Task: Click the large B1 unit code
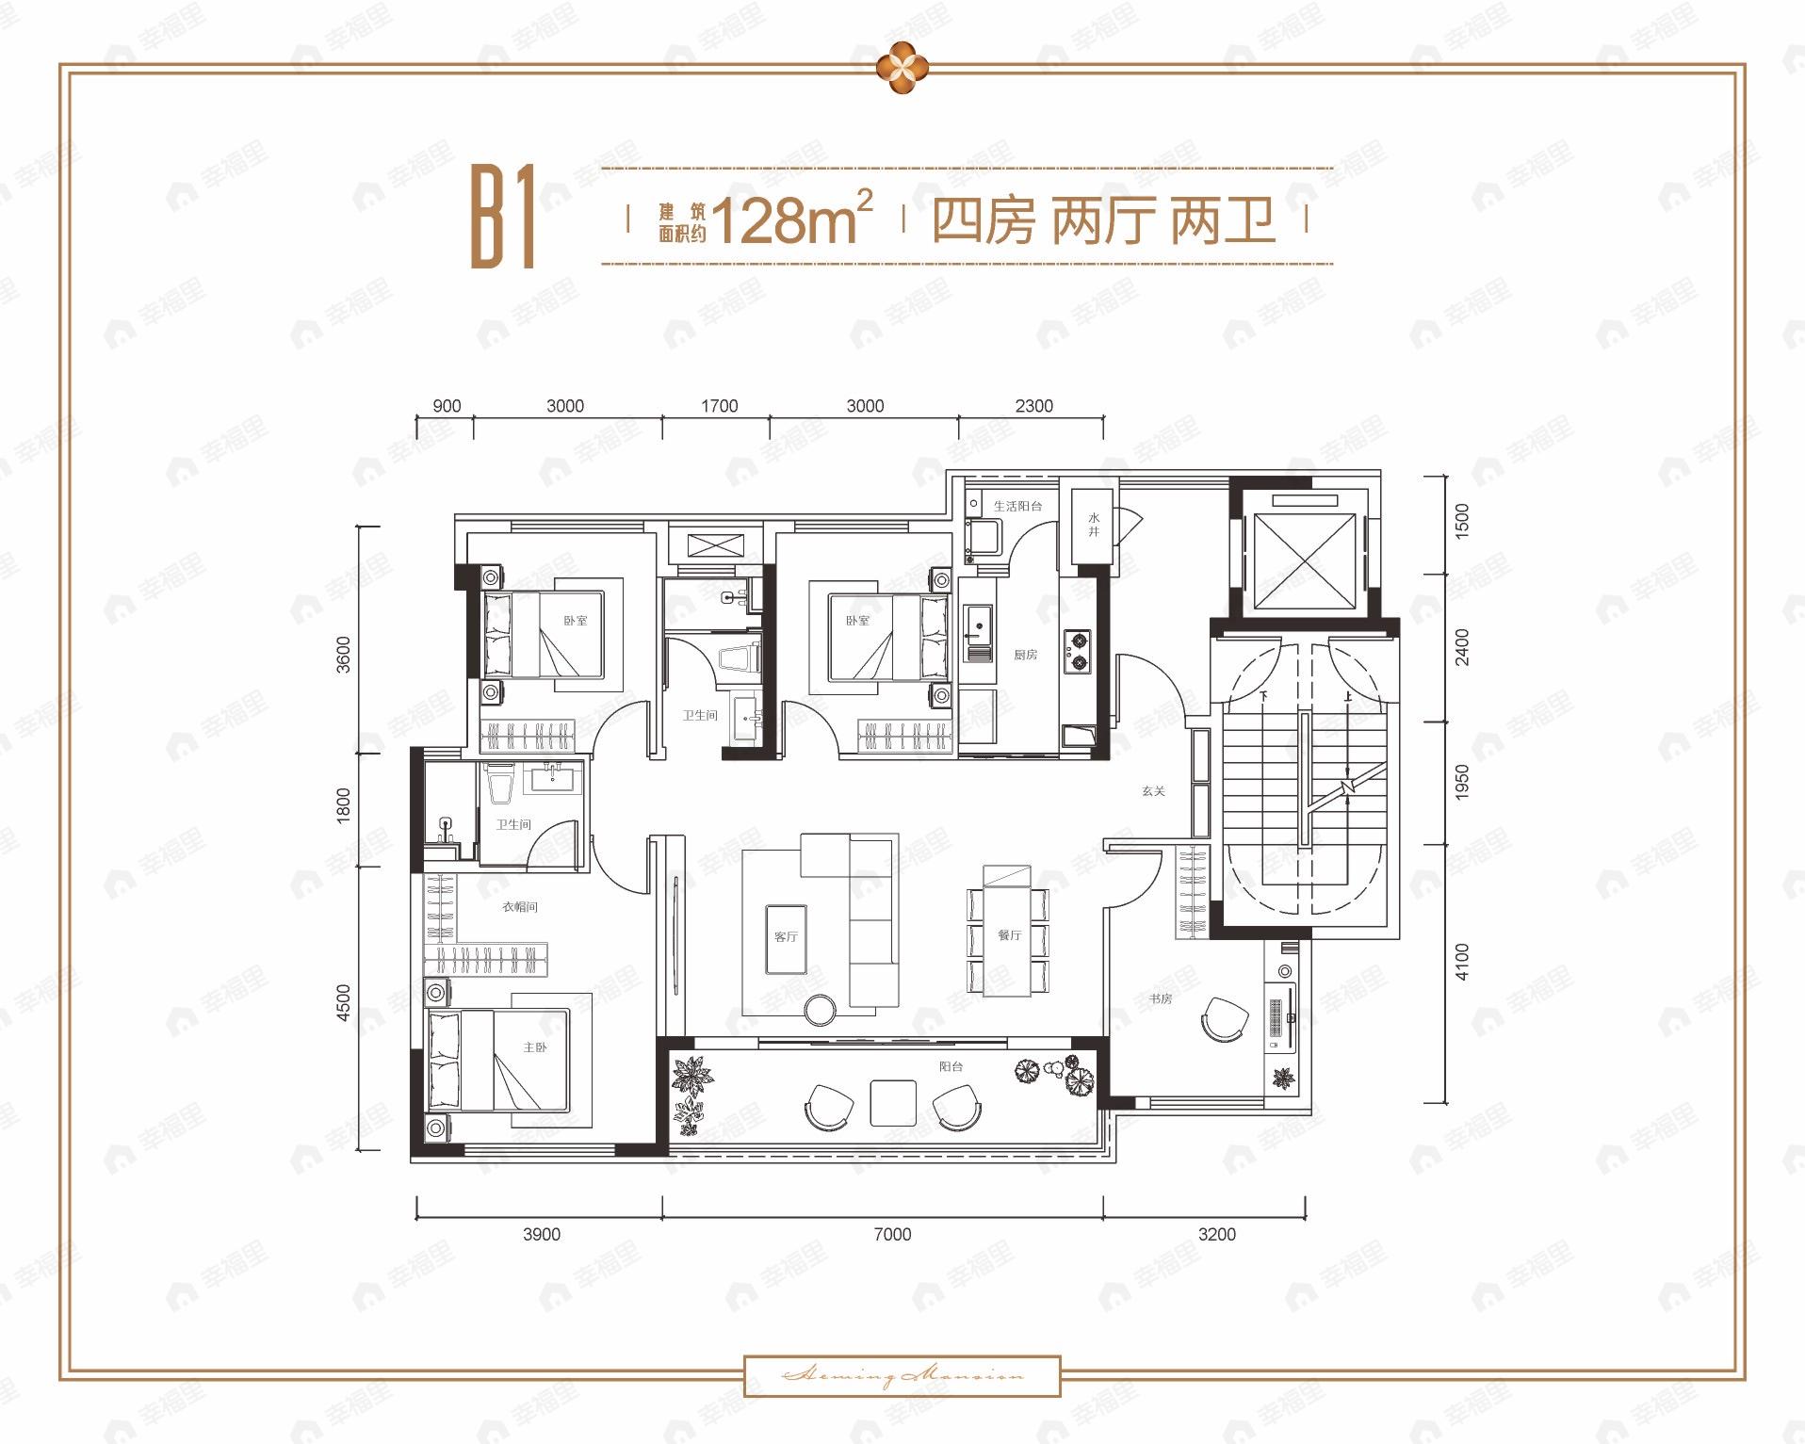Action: [503, 218]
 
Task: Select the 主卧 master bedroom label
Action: [535, 1047]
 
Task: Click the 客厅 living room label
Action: [786, 936]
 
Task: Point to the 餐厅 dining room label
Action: [1009, 935]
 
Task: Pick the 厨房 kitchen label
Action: [1025, 655]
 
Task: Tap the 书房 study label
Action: [1160, 998]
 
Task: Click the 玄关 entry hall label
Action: [1153, 791]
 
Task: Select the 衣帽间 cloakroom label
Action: [519, 907]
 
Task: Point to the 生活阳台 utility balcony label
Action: [1017, 506]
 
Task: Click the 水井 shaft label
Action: [1094, 525]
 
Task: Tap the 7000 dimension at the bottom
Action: [892, 1234]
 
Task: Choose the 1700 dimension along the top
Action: [719, 406]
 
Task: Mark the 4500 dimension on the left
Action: [343, 1003]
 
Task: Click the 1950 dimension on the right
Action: [1461, 783]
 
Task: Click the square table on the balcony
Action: [893, 1103]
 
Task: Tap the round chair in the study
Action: [1224, 1018]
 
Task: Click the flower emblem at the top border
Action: [902, 68]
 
